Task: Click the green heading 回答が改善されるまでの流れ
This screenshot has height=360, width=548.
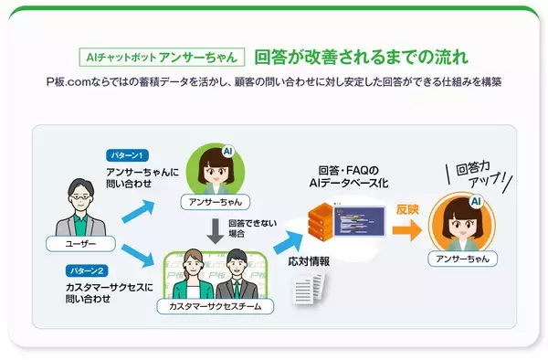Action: click(362, 56)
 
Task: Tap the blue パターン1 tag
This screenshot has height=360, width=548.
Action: click(129, 156)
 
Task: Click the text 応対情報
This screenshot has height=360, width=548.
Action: click(308, 260)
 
